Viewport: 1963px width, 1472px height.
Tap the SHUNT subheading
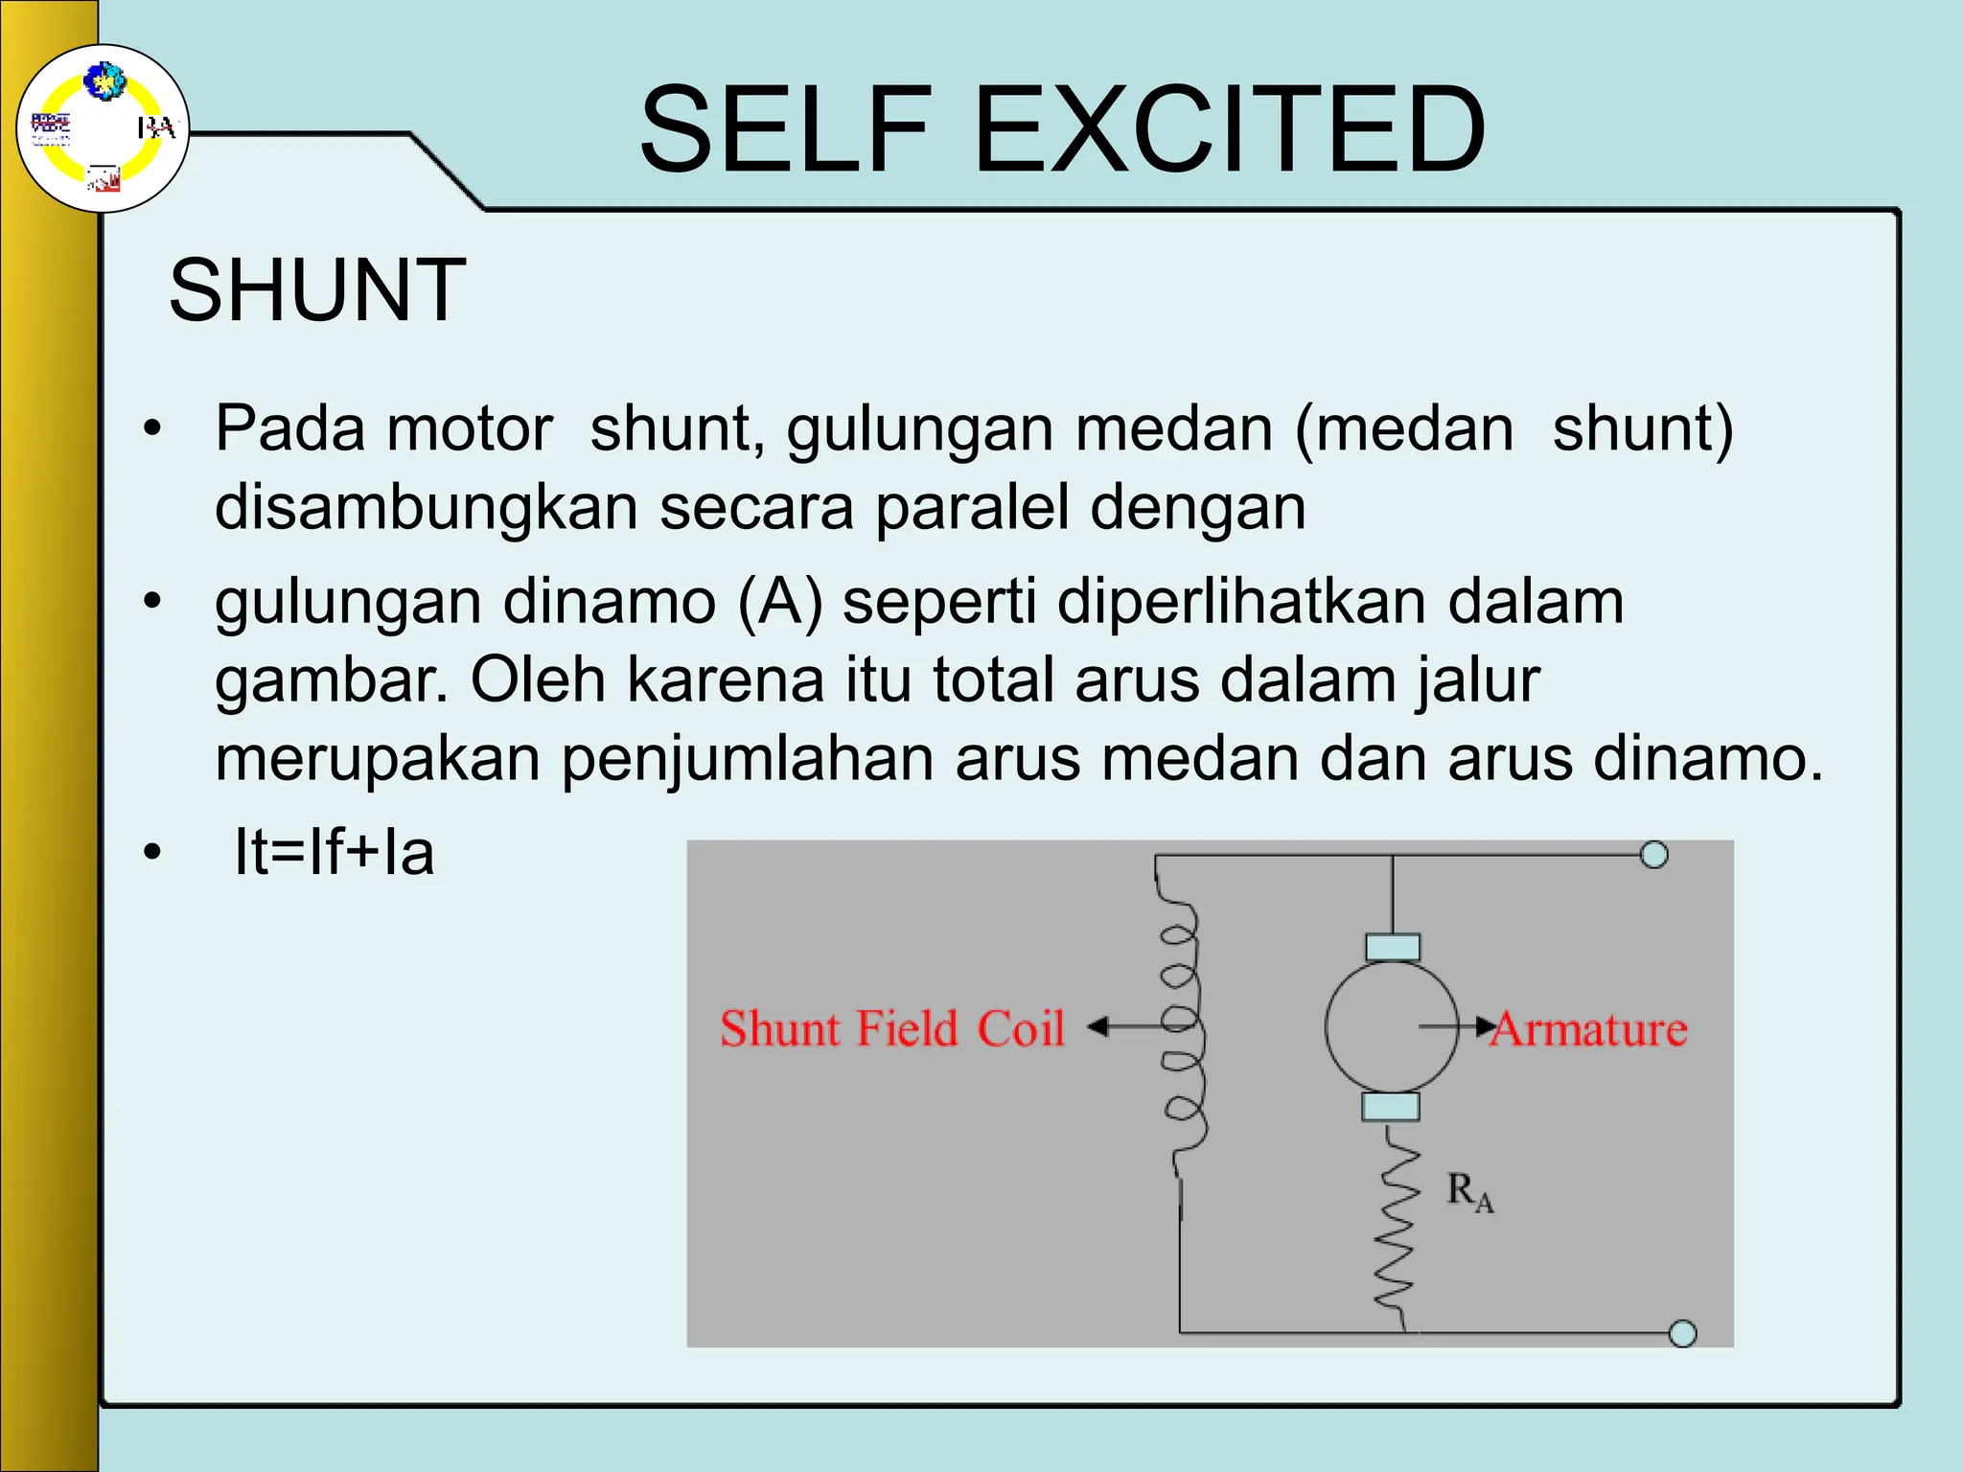pyautogui.click(x=317, y=290)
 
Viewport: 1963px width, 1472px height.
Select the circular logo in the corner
pyautogui.click(x=103, y=128)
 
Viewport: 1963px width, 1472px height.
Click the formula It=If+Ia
pyautogui.click(x=334, y=852)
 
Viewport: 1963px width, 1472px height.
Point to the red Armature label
pyautogui.click(x=1590, y=1029)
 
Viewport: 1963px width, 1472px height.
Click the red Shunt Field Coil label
pyautogui.click(x=892, y=1029)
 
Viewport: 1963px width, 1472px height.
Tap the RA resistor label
pyautogui.click(x=1469, y=1193)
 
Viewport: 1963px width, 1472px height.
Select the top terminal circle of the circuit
pyautogui.click(x=1653, y=854)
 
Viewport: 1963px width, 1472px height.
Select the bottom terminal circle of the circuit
pyautogui.click(x=1682, y=1333)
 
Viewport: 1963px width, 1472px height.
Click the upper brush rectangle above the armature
pyautogui.click(x=1393, y=948)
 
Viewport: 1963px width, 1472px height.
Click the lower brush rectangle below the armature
pyautogui.click(x=1391, y=1108)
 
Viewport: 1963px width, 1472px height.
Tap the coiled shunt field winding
pyautogui.click(x=1179, y=1025)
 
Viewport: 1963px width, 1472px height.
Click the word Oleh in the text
pyautogui.click(x=538, y=680)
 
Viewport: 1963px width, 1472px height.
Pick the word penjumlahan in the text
pyautogui.click(x=748, y=758)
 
